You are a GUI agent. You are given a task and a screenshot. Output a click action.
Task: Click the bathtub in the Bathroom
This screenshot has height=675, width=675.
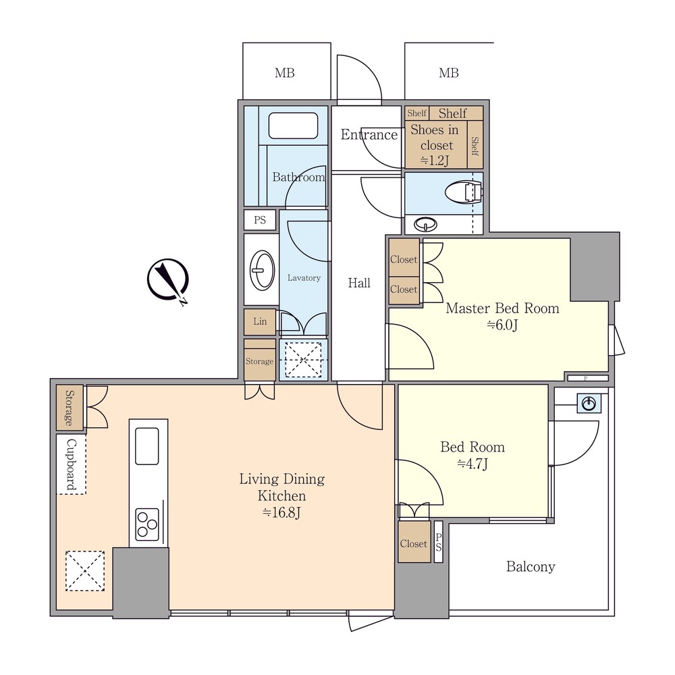pos(293,126)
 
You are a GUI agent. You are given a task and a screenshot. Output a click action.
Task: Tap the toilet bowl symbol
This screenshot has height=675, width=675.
pos(463,192)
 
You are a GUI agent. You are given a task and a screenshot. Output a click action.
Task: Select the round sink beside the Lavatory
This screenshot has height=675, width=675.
pos(262,270)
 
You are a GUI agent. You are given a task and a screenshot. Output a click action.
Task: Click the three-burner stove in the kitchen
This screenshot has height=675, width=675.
pos(147,524)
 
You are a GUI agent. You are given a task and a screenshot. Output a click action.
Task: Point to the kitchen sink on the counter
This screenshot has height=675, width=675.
pos(146,446)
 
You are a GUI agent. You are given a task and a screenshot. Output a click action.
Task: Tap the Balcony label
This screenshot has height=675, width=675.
pos(531,566)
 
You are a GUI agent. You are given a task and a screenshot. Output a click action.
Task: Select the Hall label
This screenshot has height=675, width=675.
pos(359,283)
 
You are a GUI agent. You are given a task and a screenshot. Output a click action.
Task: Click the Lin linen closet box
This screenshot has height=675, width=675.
pos(260,321)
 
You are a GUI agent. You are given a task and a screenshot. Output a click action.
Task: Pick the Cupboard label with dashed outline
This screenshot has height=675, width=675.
pos(71,464)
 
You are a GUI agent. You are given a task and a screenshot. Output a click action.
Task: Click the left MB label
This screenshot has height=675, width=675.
pos(285,73)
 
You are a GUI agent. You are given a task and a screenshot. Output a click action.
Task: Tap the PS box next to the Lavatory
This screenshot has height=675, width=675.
pos(260,220)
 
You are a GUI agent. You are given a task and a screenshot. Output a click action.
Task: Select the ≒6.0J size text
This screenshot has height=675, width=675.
pos(502,325)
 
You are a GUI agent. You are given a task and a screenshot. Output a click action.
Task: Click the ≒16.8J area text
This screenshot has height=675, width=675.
pos(281,513)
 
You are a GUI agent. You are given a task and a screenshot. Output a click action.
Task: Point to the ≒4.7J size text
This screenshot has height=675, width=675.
pos(473,464)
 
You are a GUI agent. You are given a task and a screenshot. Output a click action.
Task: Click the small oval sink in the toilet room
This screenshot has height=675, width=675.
pos(425,224)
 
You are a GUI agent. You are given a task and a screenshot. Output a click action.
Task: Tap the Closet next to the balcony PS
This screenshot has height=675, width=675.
pos(414,542)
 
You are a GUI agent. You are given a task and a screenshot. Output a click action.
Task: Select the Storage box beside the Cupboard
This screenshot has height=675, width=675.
pos(70,408)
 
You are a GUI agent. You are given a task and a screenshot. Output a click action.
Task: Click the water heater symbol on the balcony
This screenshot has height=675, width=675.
pos(589,404)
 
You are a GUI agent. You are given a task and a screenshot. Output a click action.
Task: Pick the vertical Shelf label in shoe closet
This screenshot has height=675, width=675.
pos(475,145)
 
